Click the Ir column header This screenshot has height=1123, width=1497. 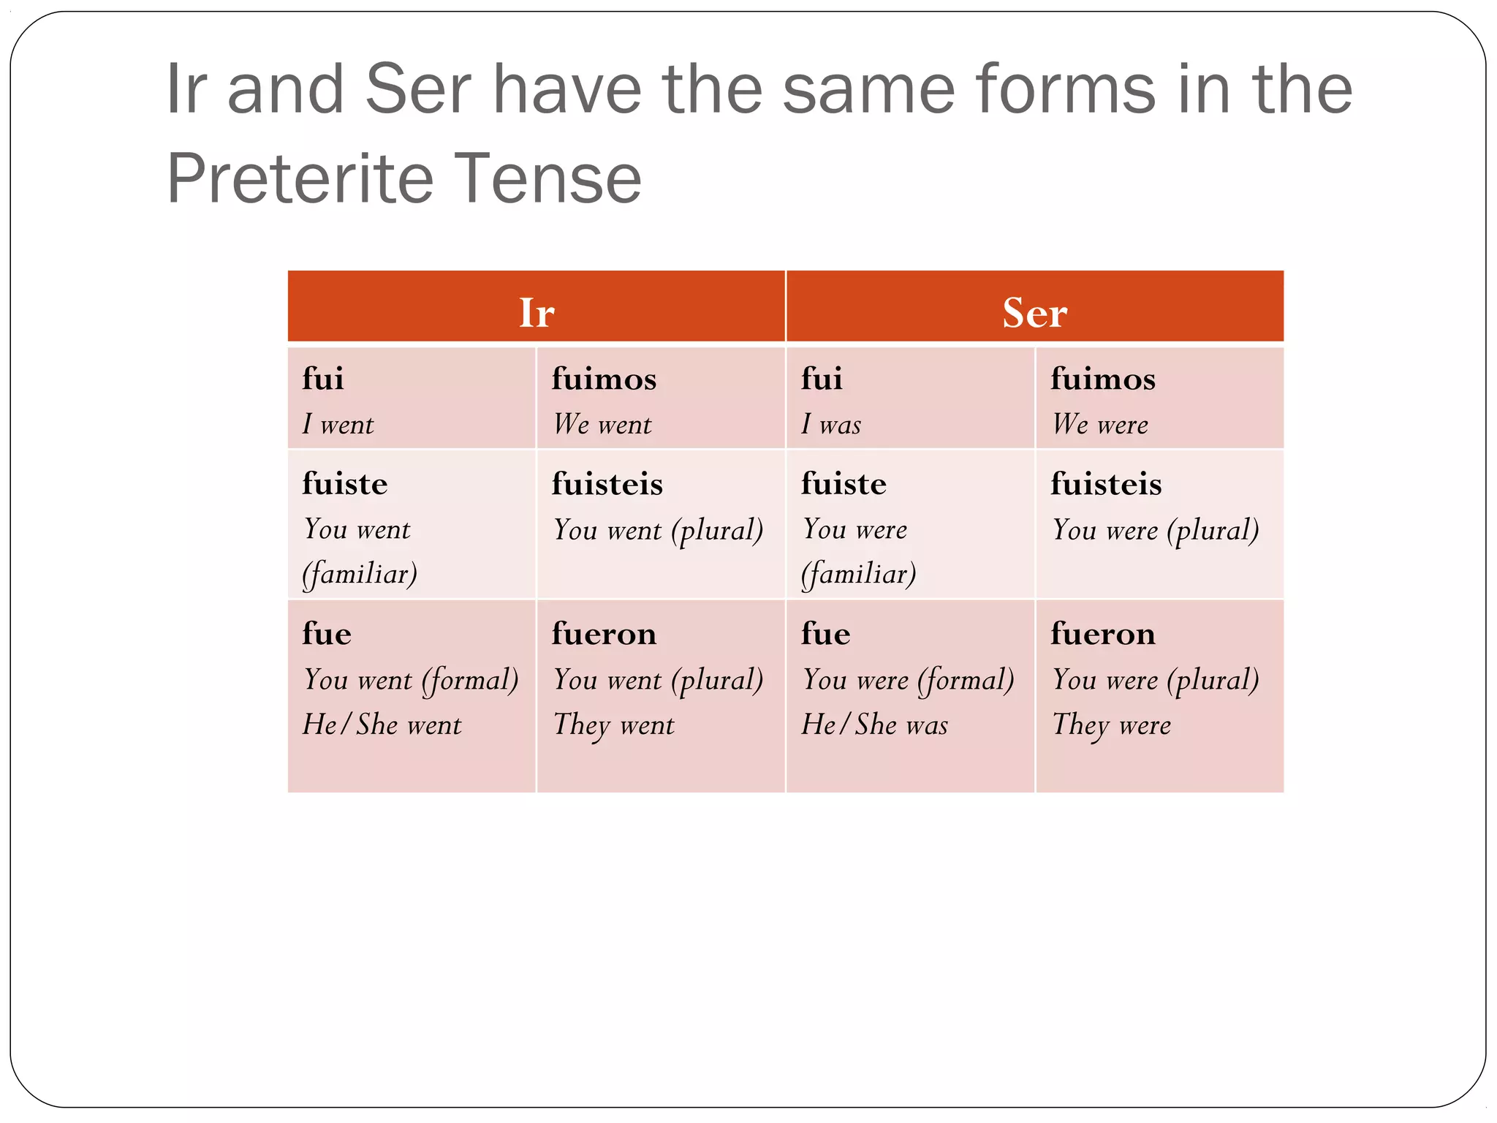pyautogui.click(x=537, y=313)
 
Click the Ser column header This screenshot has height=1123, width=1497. pyautogui.click(x=1034, y=313)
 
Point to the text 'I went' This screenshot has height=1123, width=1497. pyautogui.click(x=338, y=425)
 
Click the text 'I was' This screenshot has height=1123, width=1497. pyautogui.click(x=831, y=425)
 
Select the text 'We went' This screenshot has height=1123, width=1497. pyautogui.click(x=602, y=425)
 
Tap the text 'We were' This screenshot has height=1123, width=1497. pyautogui.click(x=1100, y=425)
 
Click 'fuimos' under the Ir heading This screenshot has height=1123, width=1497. pyautogui.click(x=604, y=379)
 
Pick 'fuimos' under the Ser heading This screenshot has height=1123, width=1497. pyautogui.click(x=1103, y=379)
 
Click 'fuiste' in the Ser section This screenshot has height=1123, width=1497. pyautogui.click(x=844, y=484)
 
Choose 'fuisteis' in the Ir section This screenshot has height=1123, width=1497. pyautogui.click(x=607, y=484)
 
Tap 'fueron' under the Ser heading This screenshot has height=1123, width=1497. pyautogui.click(x=1103, y=633)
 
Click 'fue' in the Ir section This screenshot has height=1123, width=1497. pyautogui.click(x=327, y=633)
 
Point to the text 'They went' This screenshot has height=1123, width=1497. pyautogui.click(x=614, y=725)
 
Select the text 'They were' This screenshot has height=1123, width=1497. pyautogui.click(x=1112, y=725)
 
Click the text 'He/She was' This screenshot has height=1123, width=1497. pyautogui.click(x=874, y=725)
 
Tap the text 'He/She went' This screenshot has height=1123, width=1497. pyautogui.click(x=382, y=725)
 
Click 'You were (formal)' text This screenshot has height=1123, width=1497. pyautogui.click(x=908, y=680)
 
